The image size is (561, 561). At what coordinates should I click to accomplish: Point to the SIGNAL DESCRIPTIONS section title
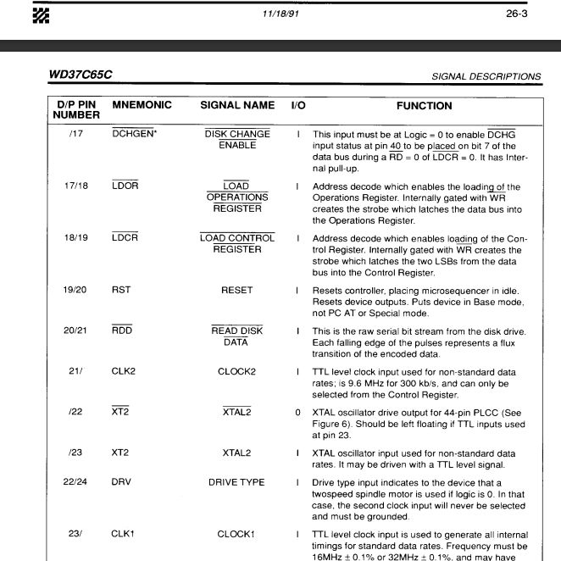pyautogui.click(x=486, y=77)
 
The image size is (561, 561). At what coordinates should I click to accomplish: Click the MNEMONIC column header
pyautogui.click(x=142, y=106)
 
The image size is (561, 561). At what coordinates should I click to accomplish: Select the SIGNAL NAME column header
pyautogui.click(x=237, y=106)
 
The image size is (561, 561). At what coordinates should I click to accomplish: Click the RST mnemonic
pyautogui.click(x=121, y=290)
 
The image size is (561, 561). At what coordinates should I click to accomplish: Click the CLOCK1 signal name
pyautogui.click(x=236, y=535)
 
